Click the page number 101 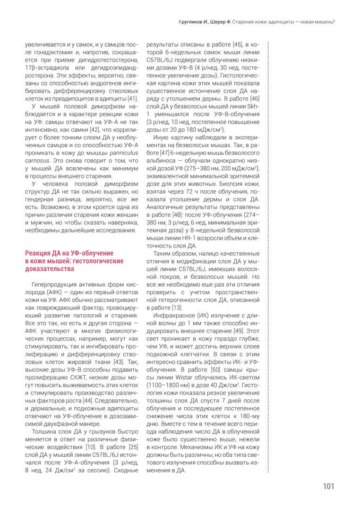point(329,487)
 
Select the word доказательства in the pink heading point(50,269)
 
